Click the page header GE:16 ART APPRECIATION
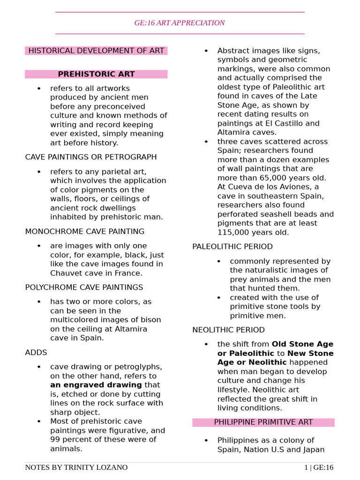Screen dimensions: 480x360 (180, 22)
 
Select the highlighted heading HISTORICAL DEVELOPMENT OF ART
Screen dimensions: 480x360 (96, 51)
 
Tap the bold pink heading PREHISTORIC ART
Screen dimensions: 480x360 (96, 74)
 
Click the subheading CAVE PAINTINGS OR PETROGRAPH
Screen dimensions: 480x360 (91, 157)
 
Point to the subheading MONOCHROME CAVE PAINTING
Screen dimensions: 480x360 (85, 232)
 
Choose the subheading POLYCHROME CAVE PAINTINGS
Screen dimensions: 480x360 (84, 287)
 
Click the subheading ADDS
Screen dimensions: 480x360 (36, 352)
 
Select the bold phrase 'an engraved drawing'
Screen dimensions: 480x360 (96, 385)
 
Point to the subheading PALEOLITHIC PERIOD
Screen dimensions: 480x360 (232, 247)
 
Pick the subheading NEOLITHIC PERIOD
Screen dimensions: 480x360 (228, 330)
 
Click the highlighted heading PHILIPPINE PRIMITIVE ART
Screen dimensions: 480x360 (263, 422)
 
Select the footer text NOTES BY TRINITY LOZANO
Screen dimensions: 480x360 (76, 467)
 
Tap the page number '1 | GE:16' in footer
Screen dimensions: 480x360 (318, 467)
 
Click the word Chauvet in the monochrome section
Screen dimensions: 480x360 (66, 273)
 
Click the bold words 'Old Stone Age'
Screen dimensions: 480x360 (302, 344)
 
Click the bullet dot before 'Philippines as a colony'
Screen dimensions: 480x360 (206, 441)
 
